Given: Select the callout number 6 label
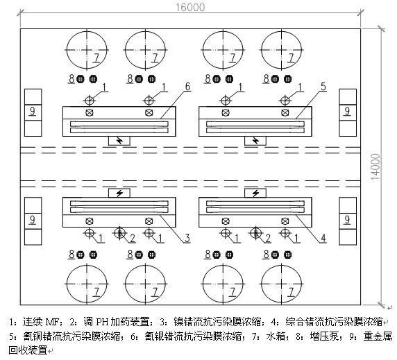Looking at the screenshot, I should pyautogui.click(x=187, y=86).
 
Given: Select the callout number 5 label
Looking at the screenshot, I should pyautogui.click(x=322, y=86).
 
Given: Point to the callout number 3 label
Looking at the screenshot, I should pyautogui.click(x=187, y=239).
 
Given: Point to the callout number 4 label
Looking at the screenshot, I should pyautogui.click(x=323, y=239).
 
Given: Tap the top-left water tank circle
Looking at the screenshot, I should pyautogui.click(x=88, y=53).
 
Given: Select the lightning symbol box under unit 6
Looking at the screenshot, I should pyautogui.click(x=121, y=141).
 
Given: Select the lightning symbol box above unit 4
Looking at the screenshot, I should pyautogui.click(x=257, y=193).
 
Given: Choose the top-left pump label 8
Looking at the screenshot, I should pyautogui.click(x=71, y=78).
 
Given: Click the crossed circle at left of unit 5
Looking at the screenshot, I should pyautogui.click(x=226, y=112).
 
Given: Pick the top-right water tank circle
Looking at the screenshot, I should pyautogui.click(x=282, y=53).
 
